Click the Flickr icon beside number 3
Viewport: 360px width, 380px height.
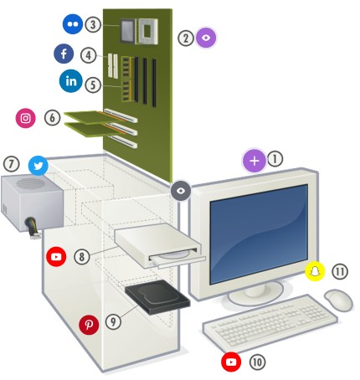(x=73, y=24)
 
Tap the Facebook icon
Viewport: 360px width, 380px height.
(x=64, y=54)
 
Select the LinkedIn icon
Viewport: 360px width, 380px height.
(x=71, y=81)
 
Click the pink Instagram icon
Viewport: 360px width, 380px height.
(x=25, y=118)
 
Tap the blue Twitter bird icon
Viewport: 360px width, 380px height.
(x=39, y=166)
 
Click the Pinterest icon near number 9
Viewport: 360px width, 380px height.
(x=89, y=325)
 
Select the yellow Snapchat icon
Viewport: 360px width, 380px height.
(x=315, y=271)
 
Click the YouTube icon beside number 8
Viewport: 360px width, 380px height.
(x=56, y=256)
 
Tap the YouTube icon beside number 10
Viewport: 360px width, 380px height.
(x=231, y=362)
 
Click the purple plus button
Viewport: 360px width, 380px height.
(x=255, y=161)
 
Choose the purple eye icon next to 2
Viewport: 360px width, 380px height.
(x=206, y=38)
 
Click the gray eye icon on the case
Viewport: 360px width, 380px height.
(x=181, y=190)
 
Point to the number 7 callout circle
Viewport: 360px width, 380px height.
(x=12, y=164)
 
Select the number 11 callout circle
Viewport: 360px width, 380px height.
(x=340, y=271)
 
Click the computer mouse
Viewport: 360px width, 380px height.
(x=338, y=300)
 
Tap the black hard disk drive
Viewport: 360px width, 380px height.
(x=157, y=298)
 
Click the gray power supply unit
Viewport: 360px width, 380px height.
(x=32, y=203)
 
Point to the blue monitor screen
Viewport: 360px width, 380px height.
(x=259, y=234)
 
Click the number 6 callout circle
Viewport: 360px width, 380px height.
(x=52, y=117)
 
